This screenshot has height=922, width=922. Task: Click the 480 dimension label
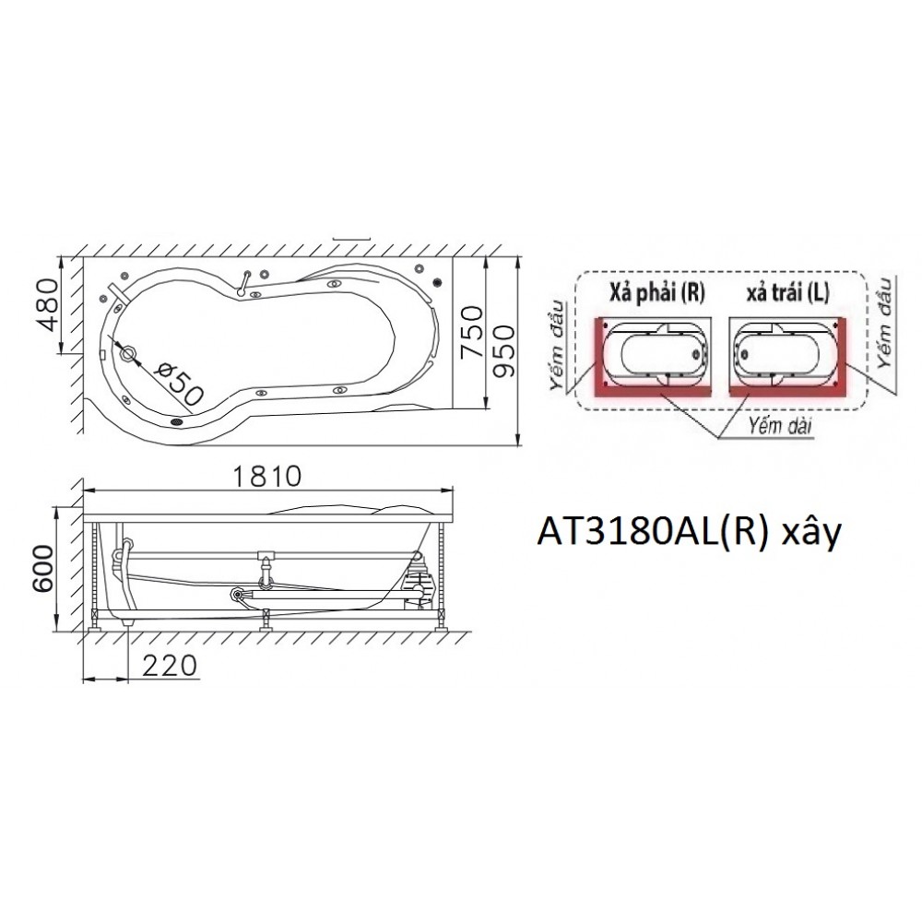tap(47, 304)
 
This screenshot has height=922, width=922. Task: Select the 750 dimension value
tap(471, 332)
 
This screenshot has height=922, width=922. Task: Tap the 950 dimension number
tap(504, 351)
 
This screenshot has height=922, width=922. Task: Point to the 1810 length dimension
tap(267, 477)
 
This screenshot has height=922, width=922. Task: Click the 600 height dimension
tap(41, 569)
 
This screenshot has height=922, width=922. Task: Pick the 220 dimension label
tap(170, 666)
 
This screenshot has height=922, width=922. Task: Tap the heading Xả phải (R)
tap(656, 292)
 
